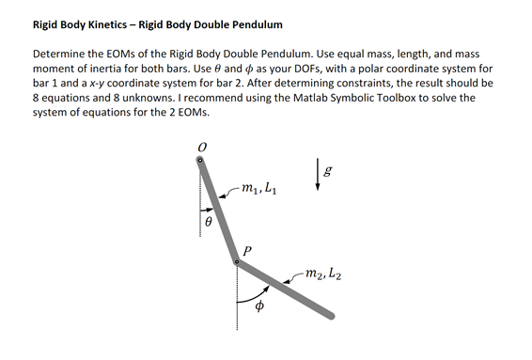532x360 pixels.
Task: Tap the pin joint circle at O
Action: click(199, 161)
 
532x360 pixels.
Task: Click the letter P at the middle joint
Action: click(248, 250)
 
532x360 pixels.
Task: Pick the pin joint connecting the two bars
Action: click(236, 264)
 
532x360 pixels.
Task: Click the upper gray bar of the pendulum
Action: click(217, 211)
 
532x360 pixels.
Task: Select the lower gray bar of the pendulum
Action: click(287, 290)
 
